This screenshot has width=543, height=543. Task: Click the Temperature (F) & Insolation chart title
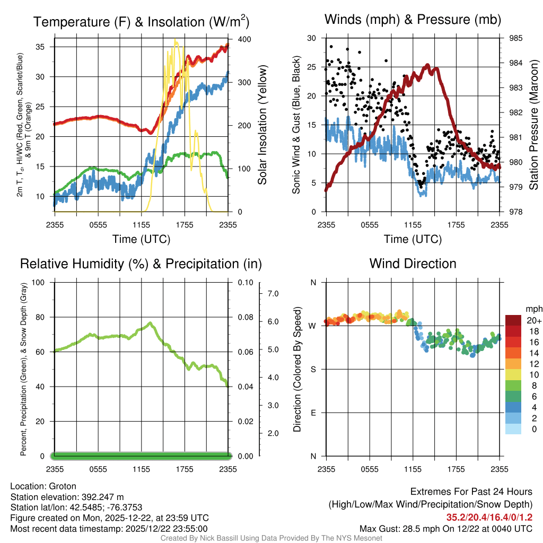click(x=141, y=22)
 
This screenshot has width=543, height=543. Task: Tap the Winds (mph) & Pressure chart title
click(x=413, y=20)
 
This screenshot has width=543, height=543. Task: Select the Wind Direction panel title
click(x=413, y=264)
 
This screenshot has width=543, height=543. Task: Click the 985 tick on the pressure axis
click(x=515, y=38)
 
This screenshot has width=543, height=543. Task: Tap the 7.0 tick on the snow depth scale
click(x=273, y=293)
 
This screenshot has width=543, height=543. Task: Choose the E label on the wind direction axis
click(x=313, y=413)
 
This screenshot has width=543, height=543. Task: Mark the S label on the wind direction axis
click(x=313, y=369)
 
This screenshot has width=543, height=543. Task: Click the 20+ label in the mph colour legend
click(x=533, y=321)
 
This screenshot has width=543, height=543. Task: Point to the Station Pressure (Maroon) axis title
click(x=534, y=125)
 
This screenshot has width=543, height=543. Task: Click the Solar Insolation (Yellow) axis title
click(x=262, y=125)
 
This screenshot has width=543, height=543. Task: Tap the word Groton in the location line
click(x=63, y=486)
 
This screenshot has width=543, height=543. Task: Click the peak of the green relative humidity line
click(x=151, y=323)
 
